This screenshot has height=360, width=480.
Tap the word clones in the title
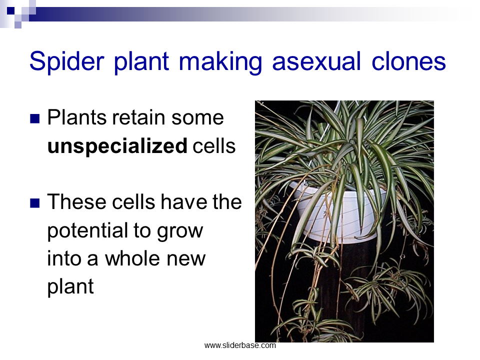coord(408,61)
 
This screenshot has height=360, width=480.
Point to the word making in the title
coord(220,62)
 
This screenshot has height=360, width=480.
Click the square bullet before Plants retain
coord(35,118)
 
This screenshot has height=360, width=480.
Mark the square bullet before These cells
coord(35,203)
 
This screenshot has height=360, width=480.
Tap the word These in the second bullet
coord(77,202)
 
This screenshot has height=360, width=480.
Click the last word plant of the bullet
coord(70,287)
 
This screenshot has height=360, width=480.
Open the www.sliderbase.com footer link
coord(240,345)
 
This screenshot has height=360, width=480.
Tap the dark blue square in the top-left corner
coord(10,10)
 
